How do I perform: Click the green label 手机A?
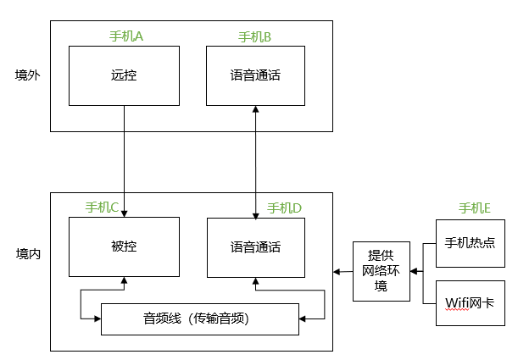pyautogui.click(x=126, y=36)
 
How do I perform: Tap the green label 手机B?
pyautogui.click(x=255, y=36)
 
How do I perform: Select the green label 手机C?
pyautogui.click(x=103, y=208)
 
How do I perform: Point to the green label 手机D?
pyautogui.click(x=285, y=208)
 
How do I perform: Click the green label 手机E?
pyautogui.click(x=475, y=208)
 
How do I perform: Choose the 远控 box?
pyautogui.click(x=124, y=76)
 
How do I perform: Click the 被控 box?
pyautogui.click(x=124, y=247)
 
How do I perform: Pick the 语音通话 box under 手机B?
pyautogui.click(x=255, y=76)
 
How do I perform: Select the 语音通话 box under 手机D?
pyautogui.click(x=255, y=247)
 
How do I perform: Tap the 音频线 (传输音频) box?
pyautogui.click(x=200, y=318)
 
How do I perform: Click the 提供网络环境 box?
pyautogui.click(x=381, y=271)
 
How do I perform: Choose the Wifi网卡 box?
pyautogui.click(x=470, y=300)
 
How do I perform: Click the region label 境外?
pyautogui.click(x=28, y=75)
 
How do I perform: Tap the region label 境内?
pyautogui.click(x=28, y=253)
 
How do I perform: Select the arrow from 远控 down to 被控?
pyautogui.click(x=125, y=161)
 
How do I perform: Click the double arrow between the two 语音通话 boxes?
pyautogui.click(x=256, y=161)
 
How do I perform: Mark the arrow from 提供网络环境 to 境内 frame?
pyautogui.click(x=343, y=272)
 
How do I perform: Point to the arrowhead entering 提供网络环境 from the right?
pyautogui.click(x=413, y=272)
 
